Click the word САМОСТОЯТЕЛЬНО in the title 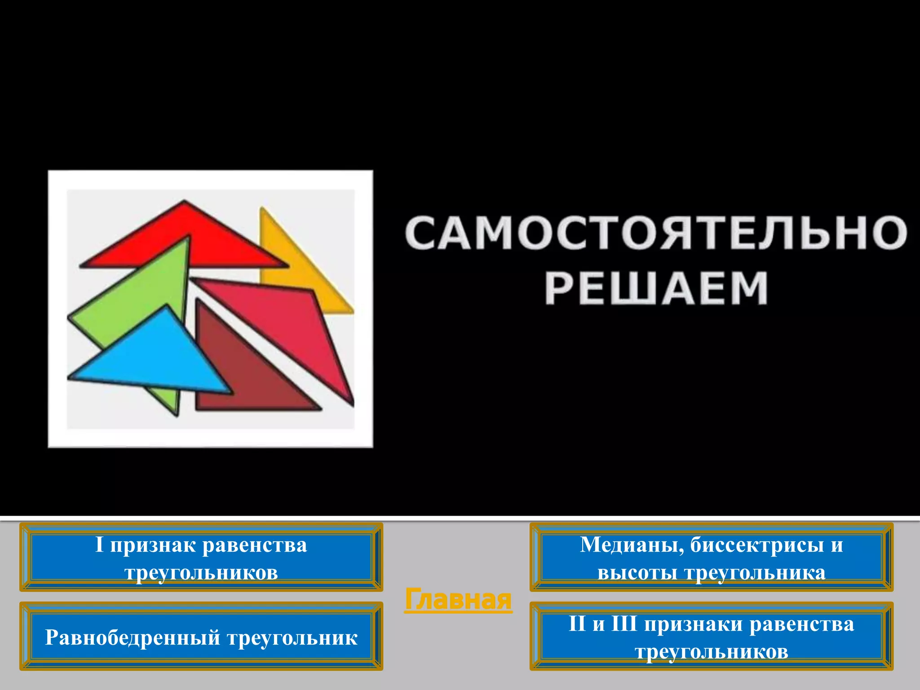click(656, 233)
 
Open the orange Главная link click(458, 599)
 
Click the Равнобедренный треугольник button click(201, 637)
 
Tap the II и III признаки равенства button click(711, 637)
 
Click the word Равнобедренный click(133, 637)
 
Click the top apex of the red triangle click(184, 202)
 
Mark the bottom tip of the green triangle click(176, 414)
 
